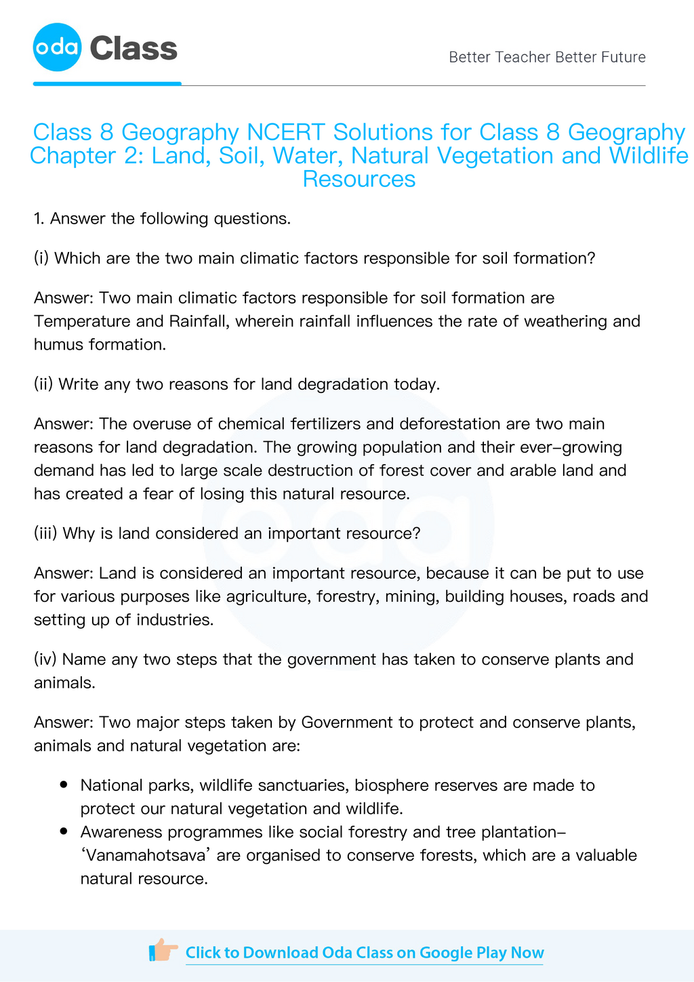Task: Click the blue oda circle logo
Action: point(57,47)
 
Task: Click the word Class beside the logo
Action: point(133,49)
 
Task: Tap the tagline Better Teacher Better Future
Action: point(547,57)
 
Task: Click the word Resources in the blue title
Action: point(359,179)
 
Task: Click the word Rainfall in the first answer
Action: point(190,321)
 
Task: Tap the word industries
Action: point(176,620)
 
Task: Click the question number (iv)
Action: point(45,659)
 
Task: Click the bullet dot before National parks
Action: point(64,785)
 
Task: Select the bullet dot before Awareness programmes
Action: point(64,832)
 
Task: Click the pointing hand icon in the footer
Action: point(163,951)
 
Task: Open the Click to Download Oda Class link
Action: point(364,953)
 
